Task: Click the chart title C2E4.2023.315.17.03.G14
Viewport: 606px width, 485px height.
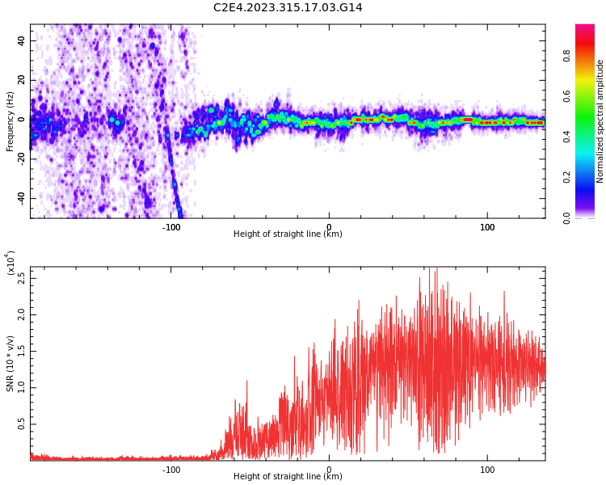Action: coord(288,8)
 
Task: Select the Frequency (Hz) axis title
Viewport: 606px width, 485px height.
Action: coord(11,121)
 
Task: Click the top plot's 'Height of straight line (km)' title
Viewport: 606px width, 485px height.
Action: coord(288,234)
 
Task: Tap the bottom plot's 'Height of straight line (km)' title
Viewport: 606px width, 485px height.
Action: coord(288,477)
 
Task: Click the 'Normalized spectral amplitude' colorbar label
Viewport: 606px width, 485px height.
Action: coord(600,121)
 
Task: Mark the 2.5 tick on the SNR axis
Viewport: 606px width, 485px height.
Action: coord(22,277)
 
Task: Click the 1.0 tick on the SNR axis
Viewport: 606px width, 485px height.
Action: coord(22,387)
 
